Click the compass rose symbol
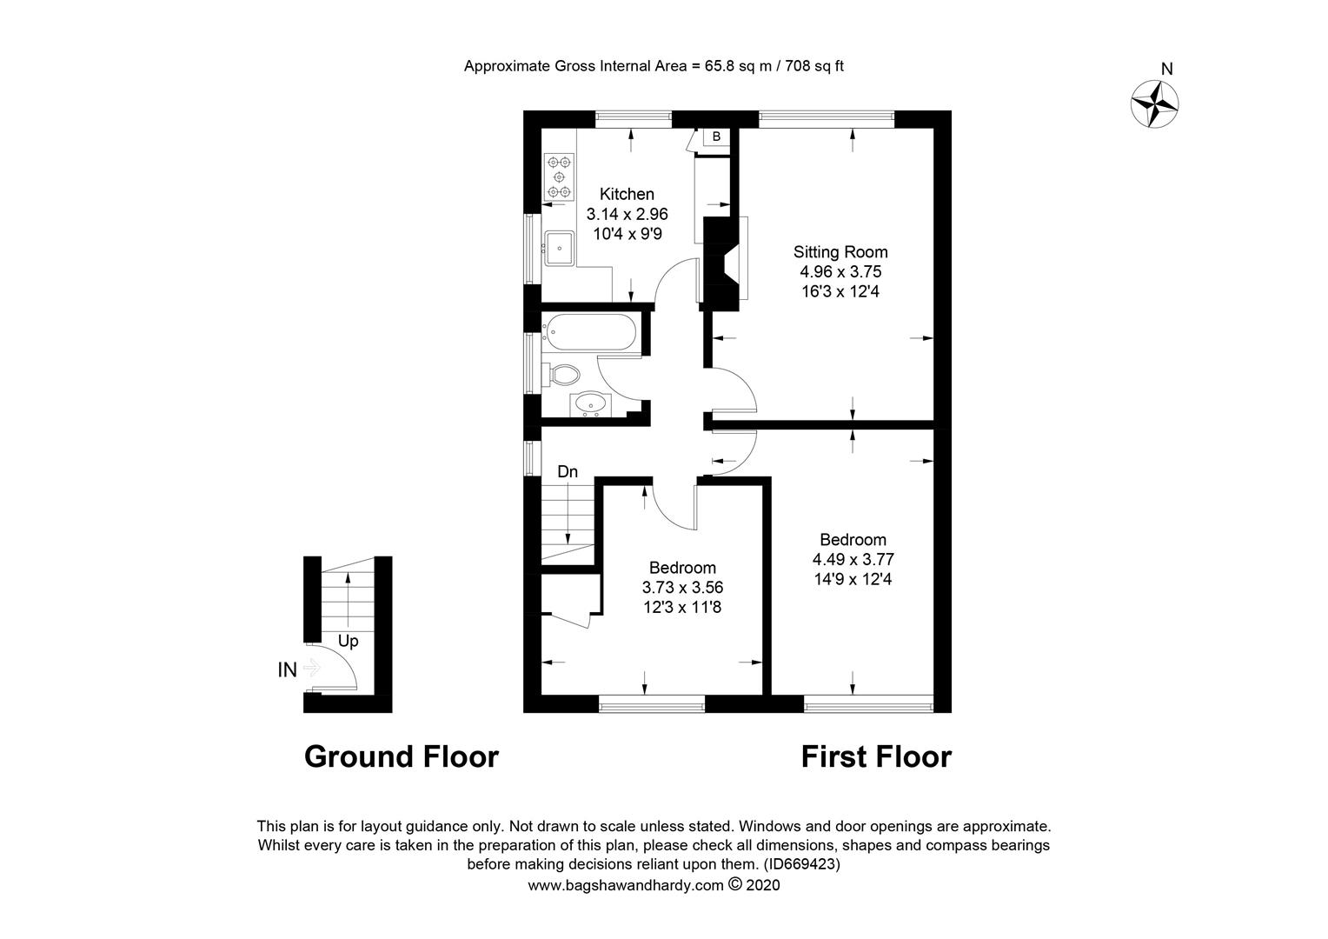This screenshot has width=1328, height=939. [1154, 105]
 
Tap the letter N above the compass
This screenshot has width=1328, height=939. [1166, 69]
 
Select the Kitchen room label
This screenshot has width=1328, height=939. [627, 194]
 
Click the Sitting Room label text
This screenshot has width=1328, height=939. [840, 251]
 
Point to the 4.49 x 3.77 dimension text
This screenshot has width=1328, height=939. [853, 559]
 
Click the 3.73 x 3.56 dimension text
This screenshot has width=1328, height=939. [682, 587]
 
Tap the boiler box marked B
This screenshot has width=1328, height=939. [716, 137]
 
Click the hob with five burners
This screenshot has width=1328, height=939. [559, 176]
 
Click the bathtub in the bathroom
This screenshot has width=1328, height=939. [590, 331]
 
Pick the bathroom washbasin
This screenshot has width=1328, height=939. [590, 404]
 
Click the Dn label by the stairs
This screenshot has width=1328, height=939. [568, 471]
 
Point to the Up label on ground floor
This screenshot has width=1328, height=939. [348, 642]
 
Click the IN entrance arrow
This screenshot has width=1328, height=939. [311, 669]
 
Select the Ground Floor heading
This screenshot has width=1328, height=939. [402, 757]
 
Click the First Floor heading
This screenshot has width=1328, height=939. [876, 757]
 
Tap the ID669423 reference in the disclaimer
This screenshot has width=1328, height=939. [801, 863]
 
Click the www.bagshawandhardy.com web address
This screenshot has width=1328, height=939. [626, 886]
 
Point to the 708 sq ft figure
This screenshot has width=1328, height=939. [814, 66]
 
